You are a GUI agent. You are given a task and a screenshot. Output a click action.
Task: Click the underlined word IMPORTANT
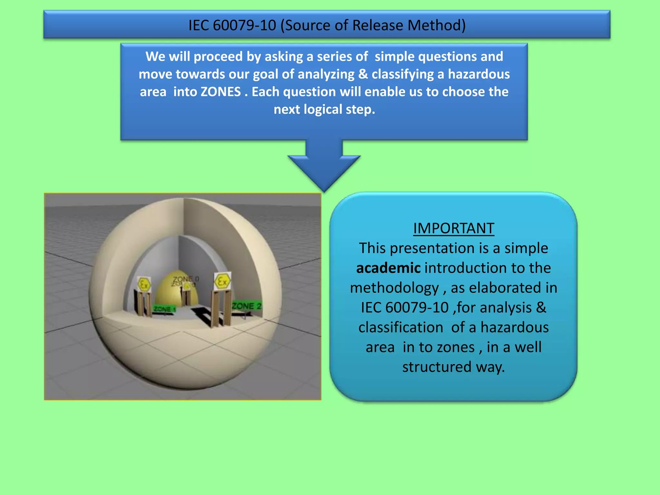453,228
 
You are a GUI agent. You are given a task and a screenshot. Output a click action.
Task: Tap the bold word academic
388,268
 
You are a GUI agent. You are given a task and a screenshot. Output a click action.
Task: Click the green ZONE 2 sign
247,306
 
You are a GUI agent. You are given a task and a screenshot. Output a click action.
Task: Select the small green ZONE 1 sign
164,309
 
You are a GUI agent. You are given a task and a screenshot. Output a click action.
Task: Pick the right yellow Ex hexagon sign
222,282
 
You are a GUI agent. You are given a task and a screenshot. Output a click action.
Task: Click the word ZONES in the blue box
220,92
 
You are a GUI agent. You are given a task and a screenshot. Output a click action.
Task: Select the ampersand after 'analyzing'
363,74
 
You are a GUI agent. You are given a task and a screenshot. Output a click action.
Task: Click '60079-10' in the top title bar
245,25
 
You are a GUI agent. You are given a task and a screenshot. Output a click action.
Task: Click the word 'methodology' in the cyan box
394,288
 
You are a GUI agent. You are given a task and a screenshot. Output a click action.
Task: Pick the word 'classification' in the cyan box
401,327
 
